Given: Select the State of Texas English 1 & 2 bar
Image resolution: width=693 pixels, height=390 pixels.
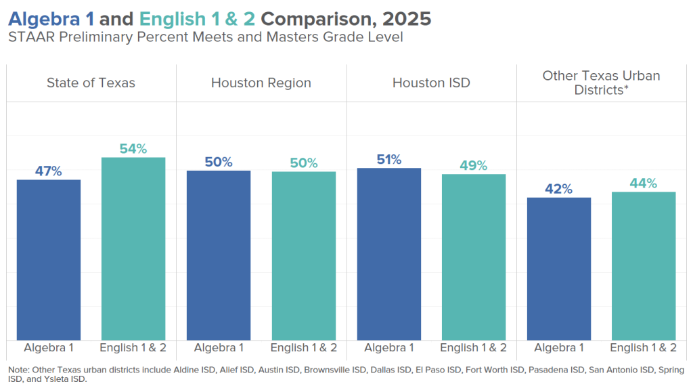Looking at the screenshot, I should tap(133, 248).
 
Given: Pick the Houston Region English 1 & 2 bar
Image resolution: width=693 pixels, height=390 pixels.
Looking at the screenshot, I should tap(304, 255).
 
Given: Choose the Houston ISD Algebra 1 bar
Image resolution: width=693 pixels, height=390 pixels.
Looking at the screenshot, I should tap(389, 254).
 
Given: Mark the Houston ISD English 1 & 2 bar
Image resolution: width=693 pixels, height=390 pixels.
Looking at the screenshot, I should tap(474, 257).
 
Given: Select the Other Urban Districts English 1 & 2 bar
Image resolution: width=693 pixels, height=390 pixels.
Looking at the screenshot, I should tap(644, 265).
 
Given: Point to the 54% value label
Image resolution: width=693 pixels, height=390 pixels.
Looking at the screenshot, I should tap(133, 149).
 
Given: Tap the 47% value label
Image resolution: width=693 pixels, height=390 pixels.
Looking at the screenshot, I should tap(49, 171).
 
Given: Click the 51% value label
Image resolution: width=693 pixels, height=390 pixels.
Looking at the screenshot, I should tap(389, 160).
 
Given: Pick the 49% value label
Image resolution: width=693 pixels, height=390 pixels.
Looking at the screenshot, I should tap(474, 166).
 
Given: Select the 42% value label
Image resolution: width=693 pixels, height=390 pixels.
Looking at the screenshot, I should tap(559, 189).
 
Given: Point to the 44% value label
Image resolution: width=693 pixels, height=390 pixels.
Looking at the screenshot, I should tap(644, 183).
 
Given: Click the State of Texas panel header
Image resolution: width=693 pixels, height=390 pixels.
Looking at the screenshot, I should tap(91, 83).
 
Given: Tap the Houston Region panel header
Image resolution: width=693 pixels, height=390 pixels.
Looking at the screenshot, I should tap(261, 83).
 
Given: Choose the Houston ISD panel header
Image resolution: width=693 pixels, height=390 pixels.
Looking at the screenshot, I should tap(431, 83).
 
